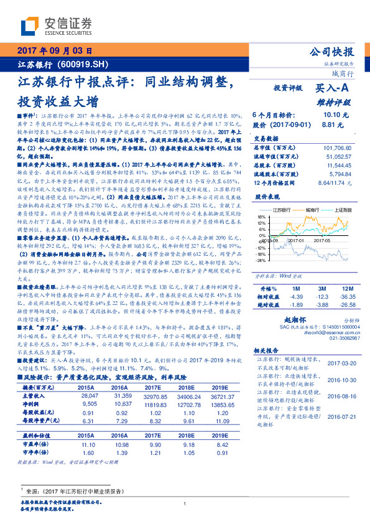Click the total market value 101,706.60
coord(336,148)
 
